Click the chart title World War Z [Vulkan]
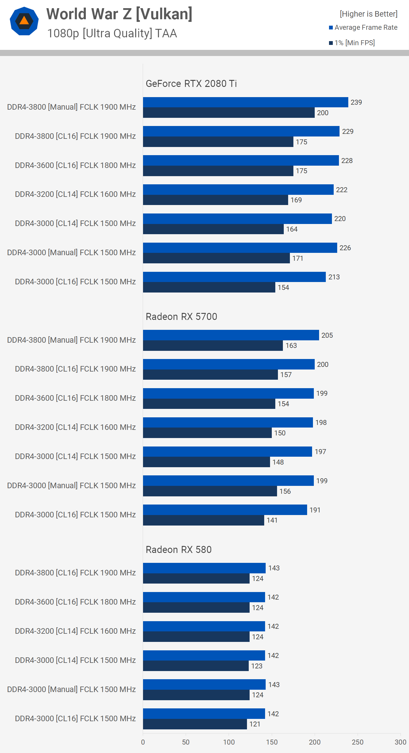(x=119, y=14)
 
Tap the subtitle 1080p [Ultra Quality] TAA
(x=112, y=33)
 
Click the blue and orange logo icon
(x=24, y=21)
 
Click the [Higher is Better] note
(x=368, y=14)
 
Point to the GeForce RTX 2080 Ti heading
(x=191, y=84)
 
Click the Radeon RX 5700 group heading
(x=181, y=317)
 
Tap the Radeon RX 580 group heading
(x=178, y=549)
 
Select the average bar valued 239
(x=245, y=102)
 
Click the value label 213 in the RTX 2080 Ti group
(x=334, y=277)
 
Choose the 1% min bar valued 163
(x=213, y=346)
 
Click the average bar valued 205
(x=231, y=335)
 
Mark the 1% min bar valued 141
(x=203, y=520)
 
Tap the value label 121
(x=255, y=724)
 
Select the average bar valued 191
(x=225, y=510)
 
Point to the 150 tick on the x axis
(x=271, y=742)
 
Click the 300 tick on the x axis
(x=400, y=742)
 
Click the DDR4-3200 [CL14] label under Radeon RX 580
(x=75, y=631)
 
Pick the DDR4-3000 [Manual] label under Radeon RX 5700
(x=72, y=486)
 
